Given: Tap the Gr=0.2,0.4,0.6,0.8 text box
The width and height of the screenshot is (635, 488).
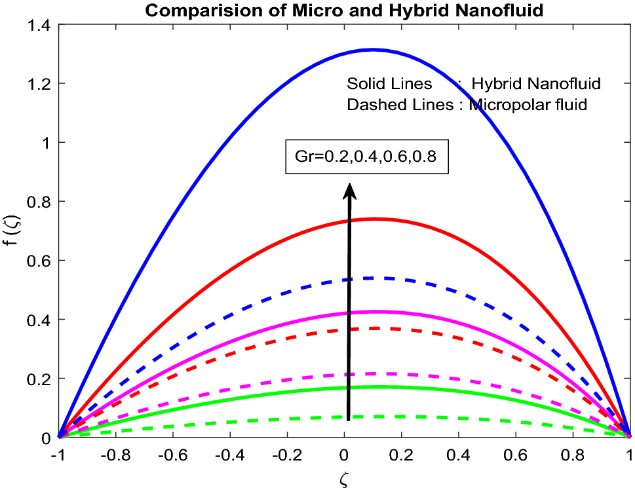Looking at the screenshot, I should tap(366, 157).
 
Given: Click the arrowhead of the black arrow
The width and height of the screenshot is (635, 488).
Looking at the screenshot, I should tap(349, 190).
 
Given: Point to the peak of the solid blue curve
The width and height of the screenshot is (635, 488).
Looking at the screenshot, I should tap(374, 49).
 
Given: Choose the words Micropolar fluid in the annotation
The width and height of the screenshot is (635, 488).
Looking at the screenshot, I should tap(528, 105).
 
